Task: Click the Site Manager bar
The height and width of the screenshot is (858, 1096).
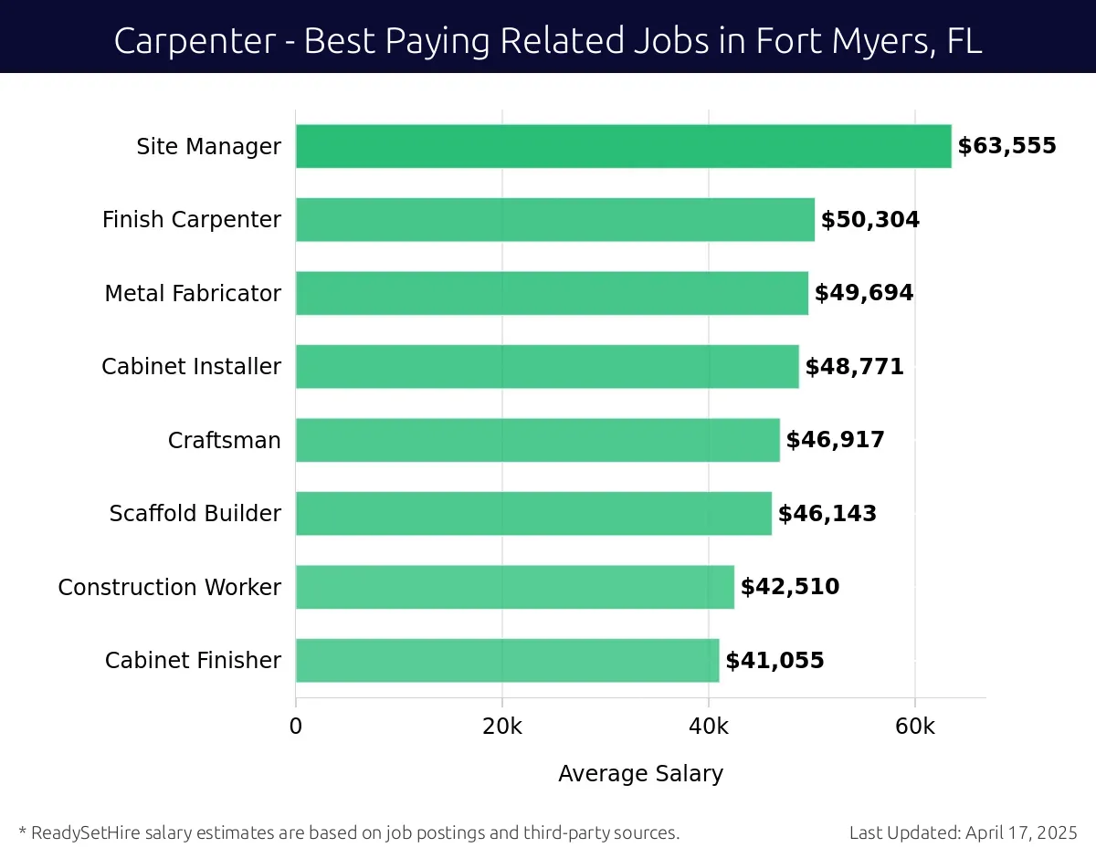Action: coord(623,146)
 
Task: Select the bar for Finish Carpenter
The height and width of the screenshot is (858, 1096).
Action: coord(554,220)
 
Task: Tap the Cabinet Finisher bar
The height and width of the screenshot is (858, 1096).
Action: coord(507,660)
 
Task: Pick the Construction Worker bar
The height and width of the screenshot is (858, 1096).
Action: coord(514,587)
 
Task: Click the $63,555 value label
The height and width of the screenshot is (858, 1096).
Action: coord(1006,146)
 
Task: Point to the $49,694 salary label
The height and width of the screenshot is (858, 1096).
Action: coord(863,293)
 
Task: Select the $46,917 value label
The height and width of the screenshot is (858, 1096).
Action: coord(835,440)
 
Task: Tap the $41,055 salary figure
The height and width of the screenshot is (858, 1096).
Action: coord(775,660)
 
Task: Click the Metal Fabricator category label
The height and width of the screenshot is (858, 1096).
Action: coord(193,293)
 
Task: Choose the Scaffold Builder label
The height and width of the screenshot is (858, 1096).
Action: coord(195,514)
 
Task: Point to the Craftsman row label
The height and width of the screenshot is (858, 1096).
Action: coord(224,440)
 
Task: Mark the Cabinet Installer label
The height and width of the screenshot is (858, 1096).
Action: coord(191,367)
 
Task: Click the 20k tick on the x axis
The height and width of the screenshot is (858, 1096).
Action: coord(501,727)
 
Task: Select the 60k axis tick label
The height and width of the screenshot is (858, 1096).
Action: coord(914,727)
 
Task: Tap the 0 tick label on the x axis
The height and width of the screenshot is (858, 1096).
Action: coord(295,727)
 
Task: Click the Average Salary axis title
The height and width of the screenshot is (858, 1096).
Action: coord(640,774)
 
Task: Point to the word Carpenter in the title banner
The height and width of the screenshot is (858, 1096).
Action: coord(193,41)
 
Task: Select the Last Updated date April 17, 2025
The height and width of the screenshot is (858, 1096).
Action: coord(1021,832)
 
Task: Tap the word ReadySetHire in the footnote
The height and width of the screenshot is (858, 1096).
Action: coord(79,832)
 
